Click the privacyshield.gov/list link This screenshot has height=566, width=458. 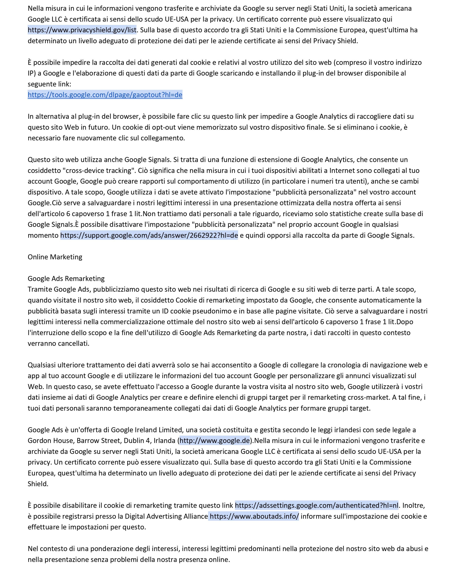pyautogui.click(x=82, y=30)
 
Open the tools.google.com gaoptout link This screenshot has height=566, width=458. pyautogui.click(x=105, y=95)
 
